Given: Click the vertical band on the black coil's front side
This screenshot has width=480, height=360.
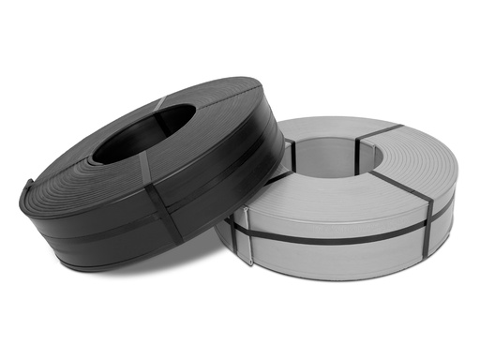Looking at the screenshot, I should [x=167, y=217].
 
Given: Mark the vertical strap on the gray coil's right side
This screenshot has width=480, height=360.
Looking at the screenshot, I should [x=427, y=225].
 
